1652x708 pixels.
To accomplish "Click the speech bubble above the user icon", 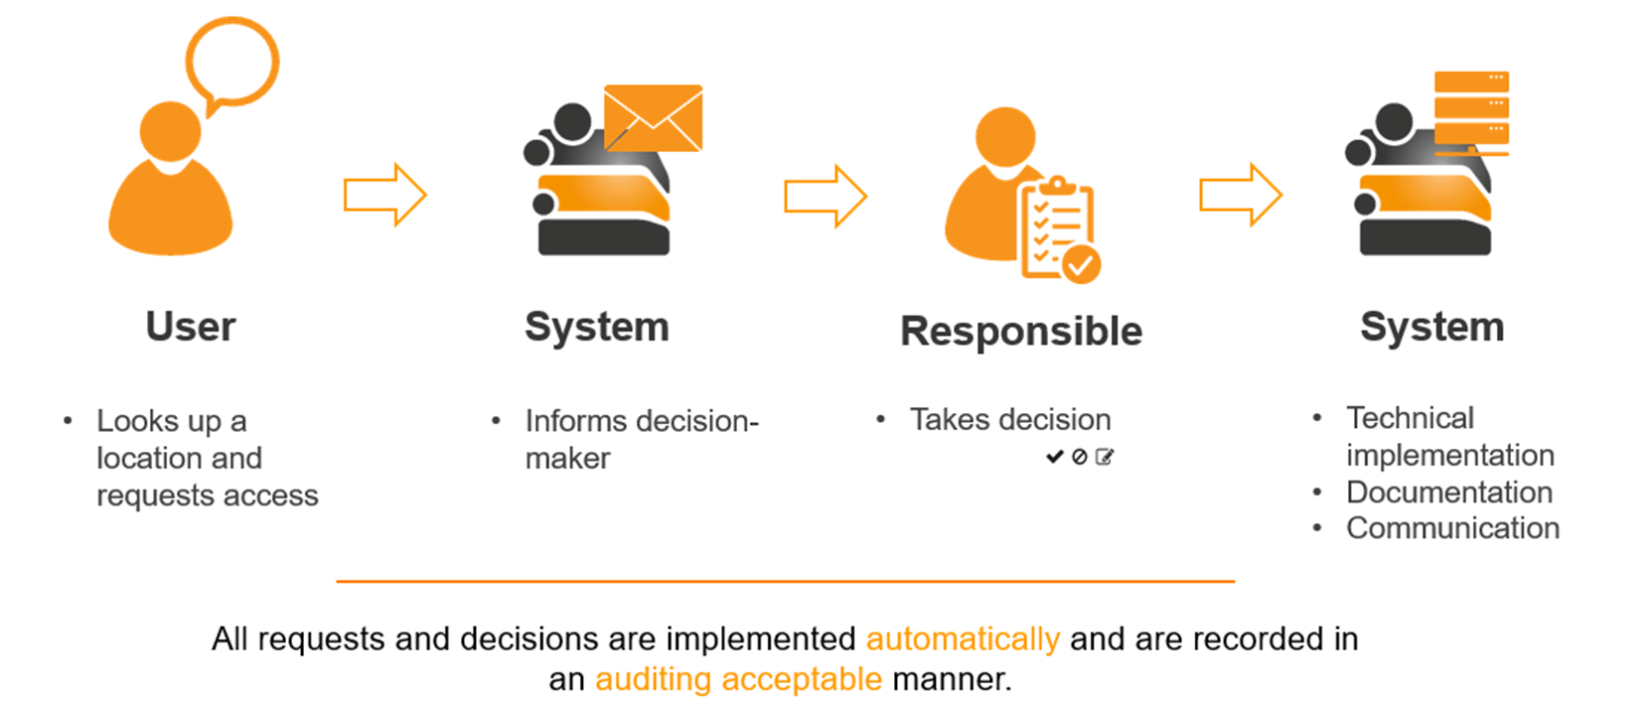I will tap(232, 62).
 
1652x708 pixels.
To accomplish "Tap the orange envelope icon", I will tap(653, 118).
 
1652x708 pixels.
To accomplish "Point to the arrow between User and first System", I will tap(384, 195).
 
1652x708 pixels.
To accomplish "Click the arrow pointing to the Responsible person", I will tap(825, 196).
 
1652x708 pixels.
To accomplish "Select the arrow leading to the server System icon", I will tap(1240, 195).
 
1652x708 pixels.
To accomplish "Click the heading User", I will tap(191, 327).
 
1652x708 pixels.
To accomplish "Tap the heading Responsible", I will tap(1021, 332).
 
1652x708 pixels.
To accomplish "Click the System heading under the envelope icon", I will tap(597, 327).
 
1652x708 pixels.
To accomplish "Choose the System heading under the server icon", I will tap(1431, 327).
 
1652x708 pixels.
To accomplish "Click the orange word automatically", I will tap(963, 638).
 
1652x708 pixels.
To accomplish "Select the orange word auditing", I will tap(653, 679).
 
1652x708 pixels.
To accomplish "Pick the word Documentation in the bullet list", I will tap(1448, 492).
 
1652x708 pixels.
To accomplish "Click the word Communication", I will tap(1452, 528).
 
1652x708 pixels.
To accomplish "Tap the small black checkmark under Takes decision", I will tap(1054, 457).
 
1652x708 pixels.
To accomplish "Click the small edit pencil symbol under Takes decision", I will tap(1105, 457).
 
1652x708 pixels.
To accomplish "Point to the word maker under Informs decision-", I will tap(567, 459).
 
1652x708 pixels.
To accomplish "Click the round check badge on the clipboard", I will tap(1081, 264).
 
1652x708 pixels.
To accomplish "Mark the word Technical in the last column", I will tap(1410, 418).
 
